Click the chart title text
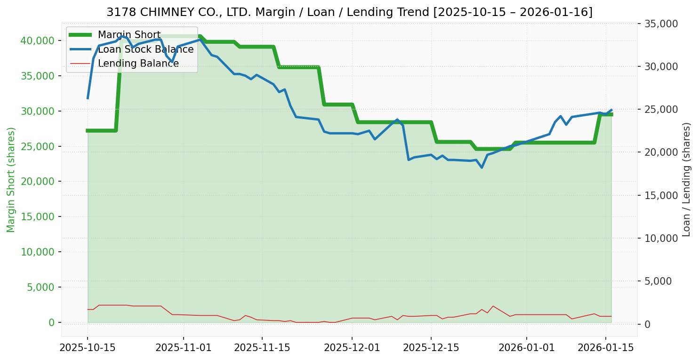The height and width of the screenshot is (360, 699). tap(349, 12)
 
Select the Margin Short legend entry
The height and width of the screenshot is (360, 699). tap(129, 35)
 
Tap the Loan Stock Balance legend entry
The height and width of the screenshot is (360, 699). tap(145, 49)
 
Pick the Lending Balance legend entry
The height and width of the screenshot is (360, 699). tap(138, 64)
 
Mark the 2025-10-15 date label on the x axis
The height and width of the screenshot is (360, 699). tap(88, 349)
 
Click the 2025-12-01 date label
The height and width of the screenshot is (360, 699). tap(352, 349)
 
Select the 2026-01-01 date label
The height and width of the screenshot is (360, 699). tap(526, 349)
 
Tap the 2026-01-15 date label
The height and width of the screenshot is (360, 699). tap(605, 349)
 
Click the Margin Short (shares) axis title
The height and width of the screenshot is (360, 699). tap(11, 180)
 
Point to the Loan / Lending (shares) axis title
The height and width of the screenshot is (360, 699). tap(686, 180)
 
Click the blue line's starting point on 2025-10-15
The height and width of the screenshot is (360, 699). tap(88, 98)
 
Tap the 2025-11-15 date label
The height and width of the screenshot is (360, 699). tap(262, 349)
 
